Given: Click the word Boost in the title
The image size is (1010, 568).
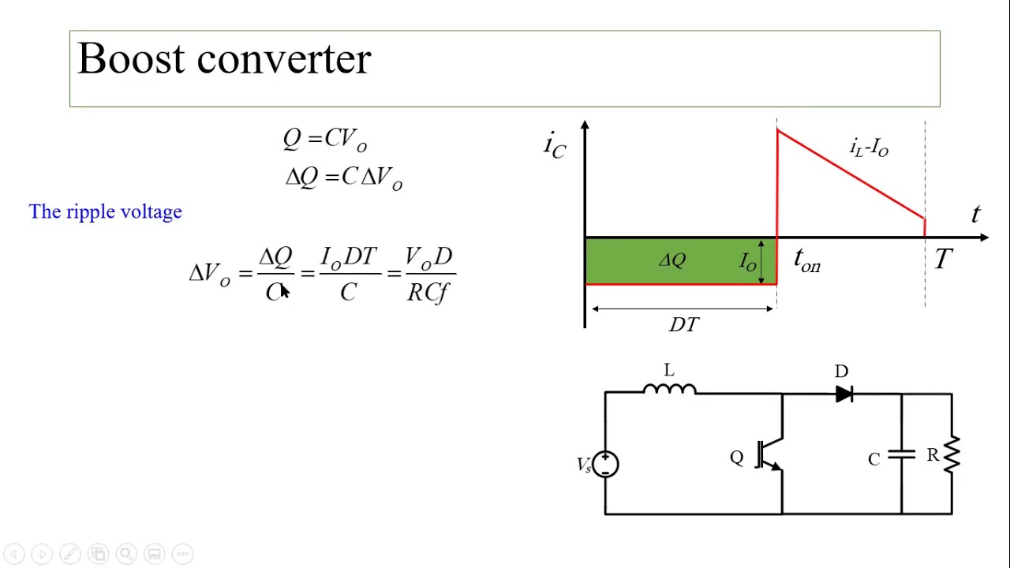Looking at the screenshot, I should pyautogui.click(x=131, y=59).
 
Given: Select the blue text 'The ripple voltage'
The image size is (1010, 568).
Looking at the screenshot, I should pyautogui.click(x=106, y=211).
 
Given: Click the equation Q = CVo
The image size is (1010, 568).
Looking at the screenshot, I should pyautogui.click(x=325, y=140).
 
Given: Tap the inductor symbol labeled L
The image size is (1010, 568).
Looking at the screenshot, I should pyautogui.click(x=669, y=388).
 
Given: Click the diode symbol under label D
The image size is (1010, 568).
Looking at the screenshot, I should pyautogui.click(x=844, y=394).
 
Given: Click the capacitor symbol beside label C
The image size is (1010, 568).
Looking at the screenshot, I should pyautogui.click(x=901, y=455).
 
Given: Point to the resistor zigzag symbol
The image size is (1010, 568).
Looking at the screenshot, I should pyautogui.click(x=952, y=454).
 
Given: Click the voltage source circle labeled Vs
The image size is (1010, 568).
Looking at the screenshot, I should pyautogui.click(x=605, y=464).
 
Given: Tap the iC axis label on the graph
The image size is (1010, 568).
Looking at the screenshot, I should pyautogui.click(x=555, y=145).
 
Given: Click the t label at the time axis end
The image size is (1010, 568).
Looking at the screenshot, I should pyautogui.click(x=976, y=214).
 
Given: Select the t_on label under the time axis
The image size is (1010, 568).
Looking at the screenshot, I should pyautogui.click(x=807, y=260).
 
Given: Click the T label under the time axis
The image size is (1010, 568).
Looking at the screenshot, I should pyautogui.click(x=943, y=260).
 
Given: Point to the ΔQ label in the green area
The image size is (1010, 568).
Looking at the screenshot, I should pyautogui.click(x=673, y=260).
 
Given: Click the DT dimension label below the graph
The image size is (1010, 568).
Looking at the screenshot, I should pyautogui.click(x=683, y=324).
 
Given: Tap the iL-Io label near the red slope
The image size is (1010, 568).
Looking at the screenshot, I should pyautogui.click(x=869, y=148).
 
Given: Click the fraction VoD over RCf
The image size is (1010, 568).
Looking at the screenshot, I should pyautogui.click(x=428, y=274).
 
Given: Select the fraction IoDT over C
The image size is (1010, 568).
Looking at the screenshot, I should pyautogui.click(x=348, y=274).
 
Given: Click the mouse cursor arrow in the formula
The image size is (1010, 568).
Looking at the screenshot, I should pyautogui.click(x=285, y=291).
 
